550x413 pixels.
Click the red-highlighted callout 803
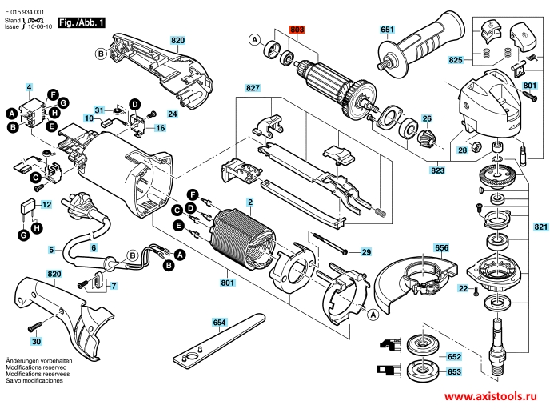click(297, 30)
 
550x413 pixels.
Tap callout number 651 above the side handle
click(388, 30)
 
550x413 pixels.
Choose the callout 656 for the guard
click(442, 248)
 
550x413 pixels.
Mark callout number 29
click(366, 252)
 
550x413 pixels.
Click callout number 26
click(426, 118)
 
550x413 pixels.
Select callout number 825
click(456, 60)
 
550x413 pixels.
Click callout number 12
click(46, 205)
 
